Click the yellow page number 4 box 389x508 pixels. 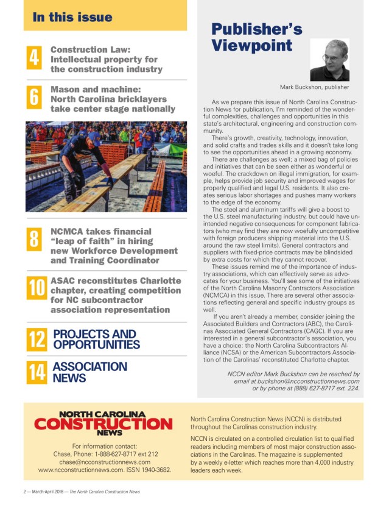tap(35, 59)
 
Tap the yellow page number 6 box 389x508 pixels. tap(35, 98)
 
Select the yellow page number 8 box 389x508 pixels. tap(35, 239)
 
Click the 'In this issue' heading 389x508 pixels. tap(72, 16)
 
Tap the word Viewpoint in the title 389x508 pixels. tap(251, 46)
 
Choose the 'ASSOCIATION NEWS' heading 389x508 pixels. tap(89, 372)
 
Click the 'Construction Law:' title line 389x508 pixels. tap(99, 49)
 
